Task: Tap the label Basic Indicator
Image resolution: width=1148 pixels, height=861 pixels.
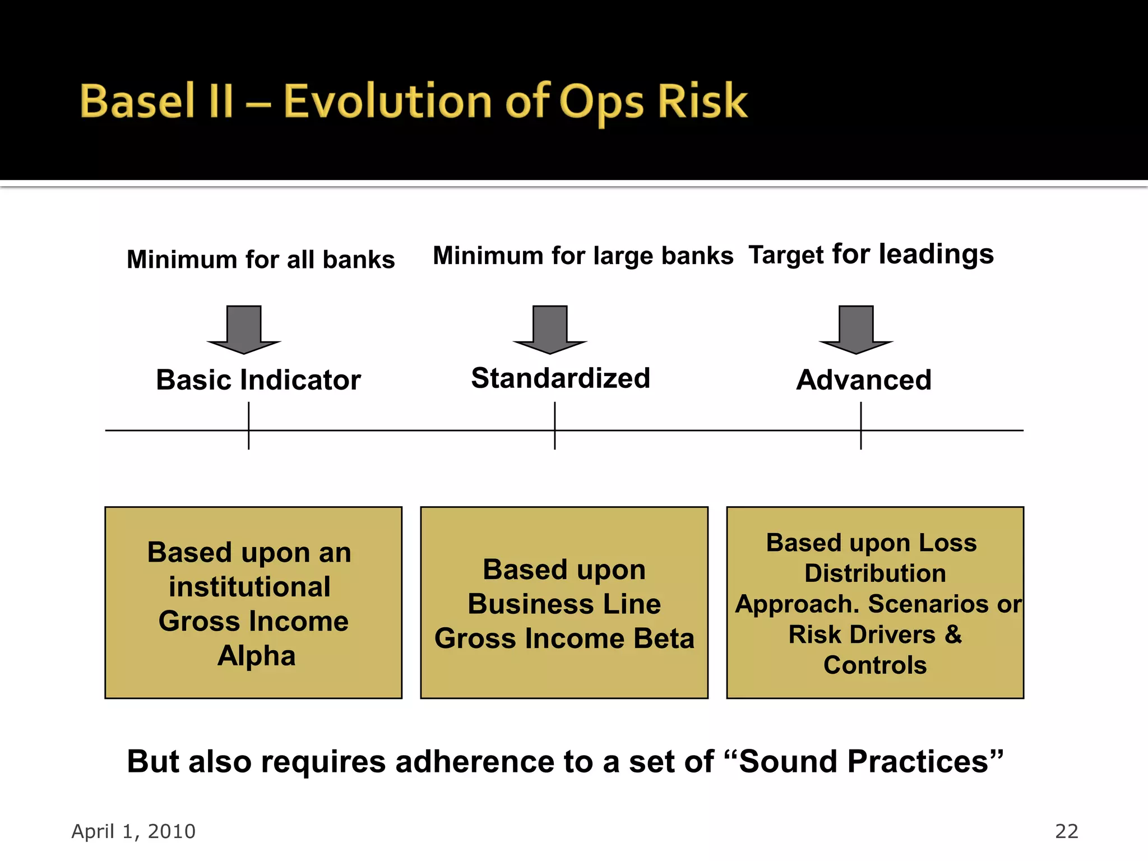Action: coord(258,380)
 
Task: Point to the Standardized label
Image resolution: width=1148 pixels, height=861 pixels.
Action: coord(561,378)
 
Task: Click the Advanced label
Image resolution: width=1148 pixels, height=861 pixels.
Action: coord(864,380)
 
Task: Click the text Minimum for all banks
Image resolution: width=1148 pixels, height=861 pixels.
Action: coord(261,260)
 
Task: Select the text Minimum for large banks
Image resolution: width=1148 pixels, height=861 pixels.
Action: coord(583,256)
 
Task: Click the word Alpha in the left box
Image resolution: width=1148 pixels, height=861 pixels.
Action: coord(256,655)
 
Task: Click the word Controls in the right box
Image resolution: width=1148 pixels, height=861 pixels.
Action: coord(875,665)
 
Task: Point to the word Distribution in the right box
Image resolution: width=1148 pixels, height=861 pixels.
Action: coord(875,573)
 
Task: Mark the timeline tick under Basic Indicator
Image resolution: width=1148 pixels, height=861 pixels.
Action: coord(249,430)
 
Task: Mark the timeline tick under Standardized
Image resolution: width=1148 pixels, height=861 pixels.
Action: coord(555,430)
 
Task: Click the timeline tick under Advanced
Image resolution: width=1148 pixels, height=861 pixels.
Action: coord(861,430)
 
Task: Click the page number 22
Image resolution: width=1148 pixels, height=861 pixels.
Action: coord(1066,831)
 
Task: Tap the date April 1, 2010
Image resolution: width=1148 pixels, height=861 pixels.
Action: coord(133,831)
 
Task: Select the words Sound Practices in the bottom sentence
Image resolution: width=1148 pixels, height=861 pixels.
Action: coord(863,762)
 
